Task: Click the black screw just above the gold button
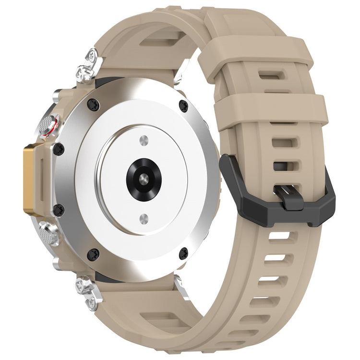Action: click(x=59, y=149)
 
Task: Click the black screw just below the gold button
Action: click(x=59, y=209)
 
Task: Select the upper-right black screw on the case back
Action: click(x=183, y=106)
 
